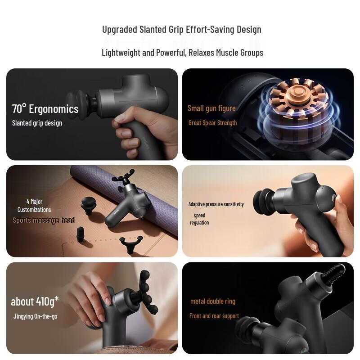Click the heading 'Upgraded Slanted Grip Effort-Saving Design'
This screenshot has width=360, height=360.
point(182,30)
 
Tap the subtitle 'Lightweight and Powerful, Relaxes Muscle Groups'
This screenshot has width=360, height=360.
point(182,53)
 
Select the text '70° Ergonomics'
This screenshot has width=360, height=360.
point(45,109)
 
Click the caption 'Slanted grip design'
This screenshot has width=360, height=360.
point(37,123)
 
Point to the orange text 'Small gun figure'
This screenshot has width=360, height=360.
point(211,108)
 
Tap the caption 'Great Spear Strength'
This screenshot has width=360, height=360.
point(212,123)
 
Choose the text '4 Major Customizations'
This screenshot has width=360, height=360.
point(34,206)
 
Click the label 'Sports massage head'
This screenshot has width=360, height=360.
point(44,220)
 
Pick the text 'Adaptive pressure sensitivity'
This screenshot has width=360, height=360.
point(216,204)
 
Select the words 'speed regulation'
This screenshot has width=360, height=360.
point(199,219)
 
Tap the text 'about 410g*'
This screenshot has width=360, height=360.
point(35,301)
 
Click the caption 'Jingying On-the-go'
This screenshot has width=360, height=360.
point(35,316)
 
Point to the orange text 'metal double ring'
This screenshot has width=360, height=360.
point(213,301)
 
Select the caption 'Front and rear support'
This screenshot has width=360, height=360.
point(214,316)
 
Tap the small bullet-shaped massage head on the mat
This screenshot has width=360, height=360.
point(81,234)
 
